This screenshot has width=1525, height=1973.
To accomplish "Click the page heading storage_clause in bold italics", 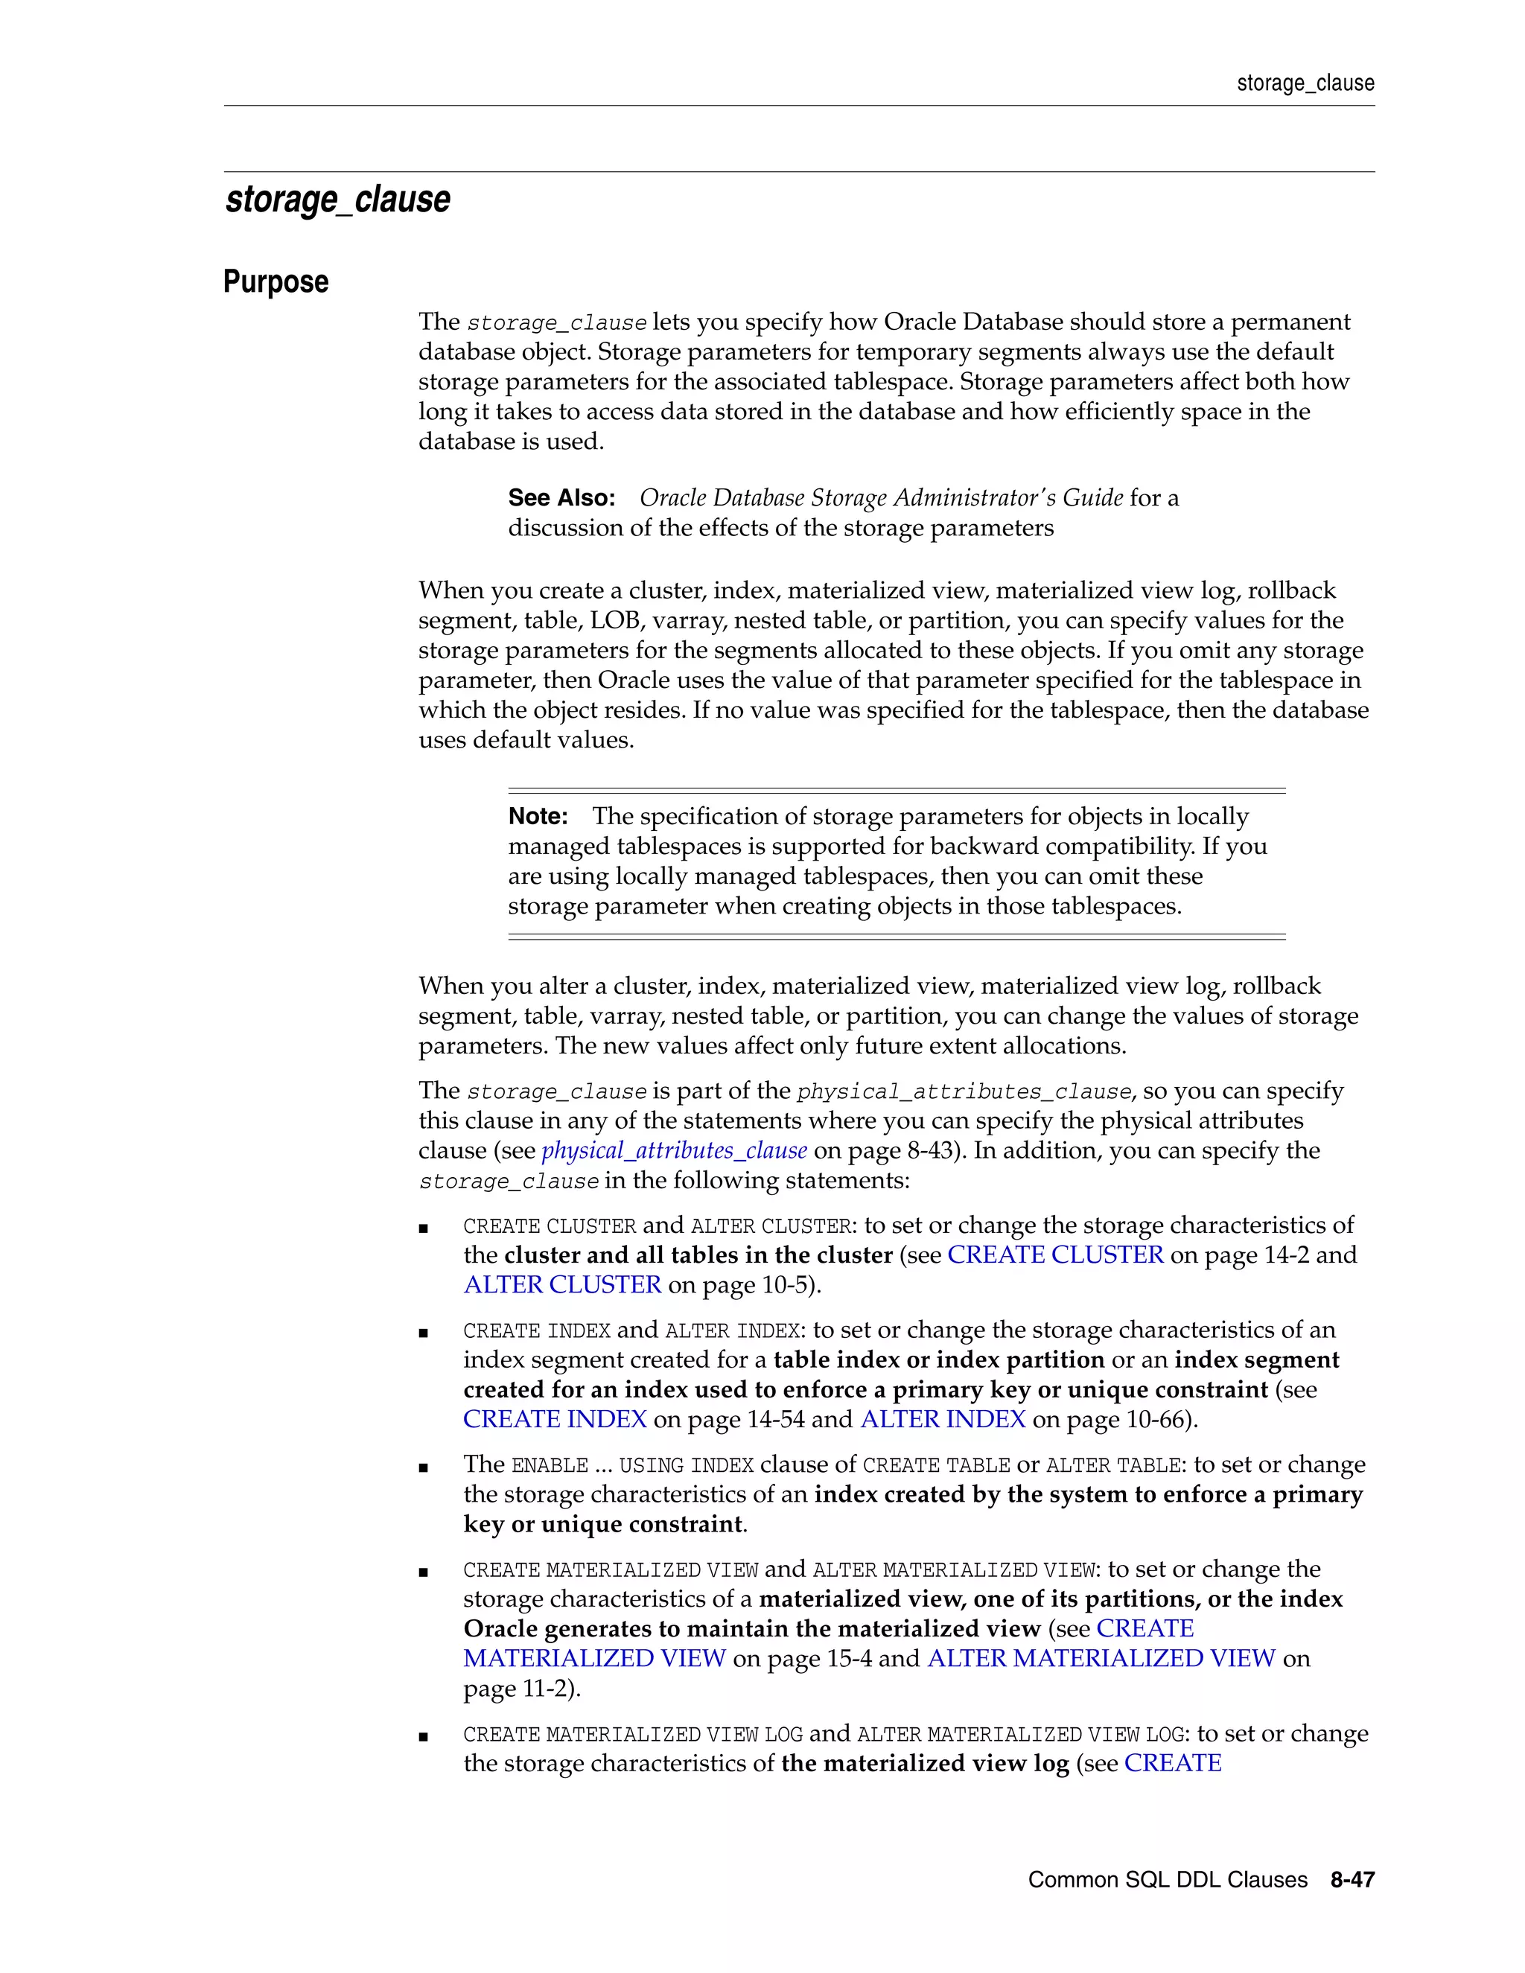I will click(337, 200).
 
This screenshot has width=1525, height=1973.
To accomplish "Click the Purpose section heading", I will click(276, 282).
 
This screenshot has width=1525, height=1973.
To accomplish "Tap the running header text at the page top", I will click(1305, 83).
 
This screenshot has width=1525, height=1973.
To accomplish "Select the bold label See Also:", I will click(561, 498).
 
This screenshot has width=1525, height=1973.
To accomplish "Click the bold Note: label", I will click(538, 817).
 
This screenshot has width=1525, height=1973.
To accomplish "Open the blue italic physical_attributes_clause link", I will click(674, 1151).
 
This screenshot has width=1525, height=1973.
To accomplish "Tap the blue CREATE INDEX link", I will click(555, 1420).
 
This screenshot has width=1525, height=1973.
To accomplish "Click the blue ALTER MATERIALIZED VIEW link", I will click(1101, 1659).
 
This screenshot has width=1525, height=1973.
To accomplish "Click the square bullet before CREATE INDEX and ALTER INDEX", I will click(423, 1333).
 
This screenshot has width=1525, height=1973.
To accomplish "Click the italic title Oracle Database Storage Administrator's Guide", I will click(881, 498).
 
